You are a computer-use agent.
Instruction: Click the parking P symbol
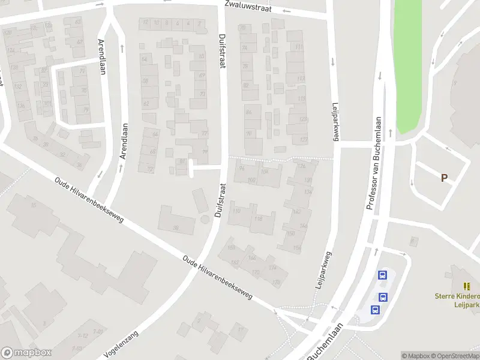(444, 178)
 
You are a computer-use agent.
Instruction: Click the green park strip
(407, 66)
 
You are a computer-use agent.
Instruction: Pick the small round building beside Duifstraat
(206, 220)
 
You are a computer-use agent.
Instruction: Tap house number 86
(248, 112)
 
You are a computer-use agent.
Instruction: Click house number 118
(259, 220)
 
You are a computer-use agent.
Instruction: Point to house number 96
(242, 167)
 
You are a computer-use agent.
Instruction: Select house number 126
(301, 166)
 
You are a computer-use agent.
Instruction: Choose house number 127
(303, 140)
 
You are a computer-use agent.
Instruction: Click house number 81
(182, 161)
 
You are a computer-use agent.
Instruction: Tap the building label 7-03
(77, 348)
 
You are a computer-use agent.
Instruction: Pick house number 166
(231, 247)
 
